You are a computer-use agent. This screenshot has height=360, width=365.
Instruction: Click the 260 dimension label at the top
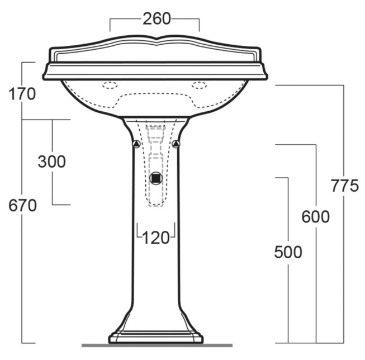coord(157,19)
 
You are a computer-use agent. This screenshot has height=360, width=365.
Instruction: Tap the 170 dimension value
coord(22,93)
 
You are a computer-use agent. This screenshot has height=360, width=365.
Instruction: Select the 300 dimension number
coord(51,162)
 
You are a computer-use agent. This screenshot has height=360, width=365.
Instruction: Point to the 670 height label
coord(22,206)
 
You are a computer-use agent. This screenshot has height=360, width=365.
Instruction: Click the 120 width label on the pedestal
coord(156,238)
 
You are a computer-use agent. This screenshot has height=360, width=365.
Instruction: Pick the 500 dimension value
coord(288,252)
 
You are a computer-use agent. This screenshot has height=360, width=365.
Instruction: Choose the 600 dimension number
coord(316,216)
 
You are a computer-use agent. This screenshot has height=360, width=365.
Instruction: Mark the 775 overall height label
coord(344,186)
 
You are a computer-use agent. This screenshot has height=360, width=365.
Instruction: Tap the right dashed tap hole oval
coord(200,86)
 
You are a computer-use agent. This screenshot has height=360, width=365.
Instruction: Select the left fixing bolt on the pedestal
coord(136,144)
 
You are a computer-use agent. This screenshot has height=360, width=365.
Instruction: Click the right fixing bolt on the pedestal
coord(176,144)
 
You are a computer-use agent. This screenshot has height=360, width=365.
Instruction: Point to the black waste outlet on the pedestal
coord(156,179)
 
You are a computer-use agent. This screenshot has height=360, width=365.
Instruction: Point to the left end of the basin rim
coord(45,71)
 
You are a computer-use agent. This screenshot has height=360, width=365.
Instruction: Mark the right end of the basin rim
coord(267,71)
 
